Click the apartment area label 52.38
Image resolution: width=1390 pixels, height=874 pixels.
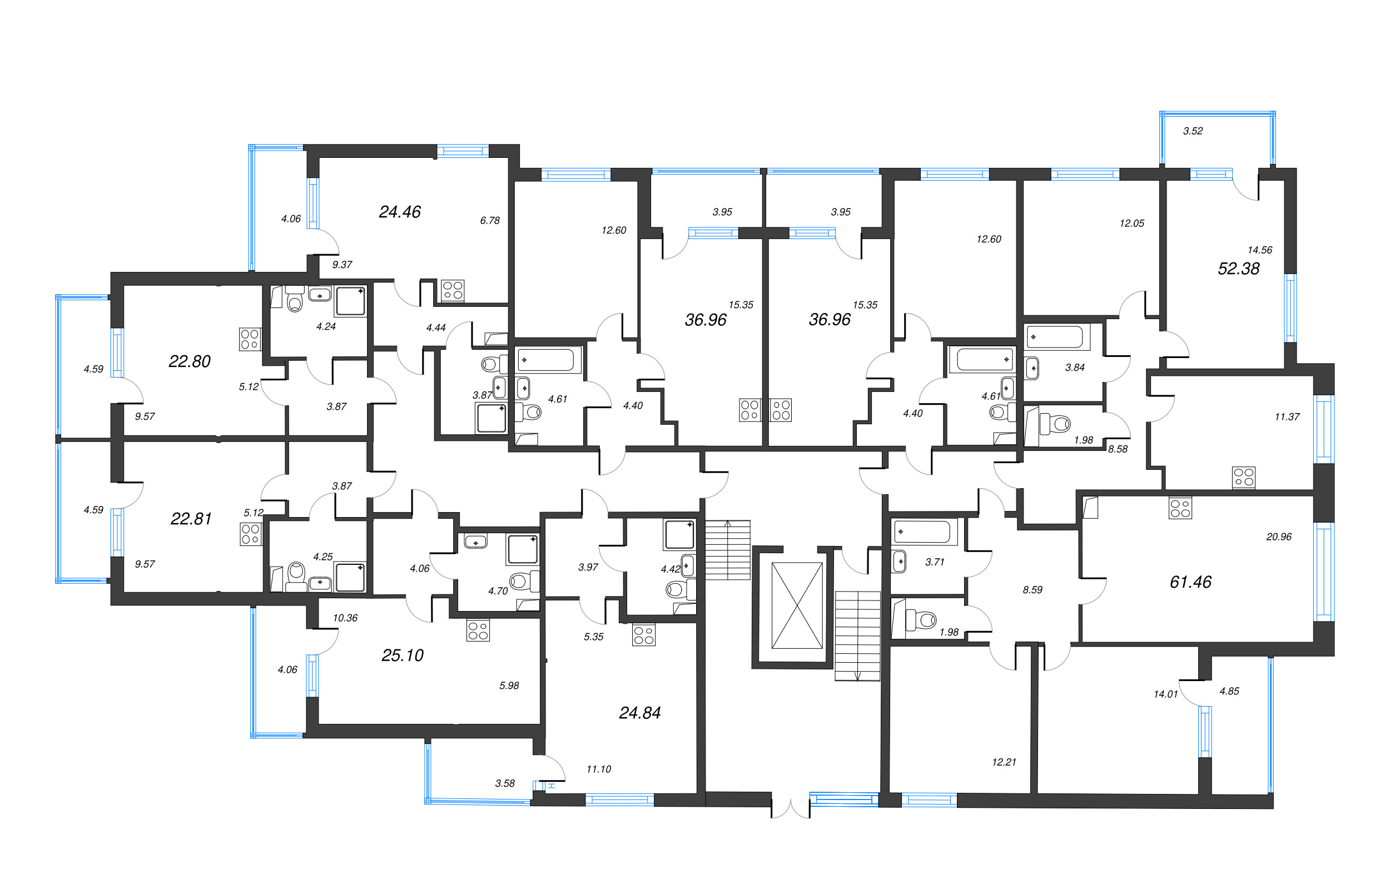point(1238,269)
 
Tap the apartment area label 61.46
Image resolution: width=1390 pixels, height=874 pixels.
point(1190,582)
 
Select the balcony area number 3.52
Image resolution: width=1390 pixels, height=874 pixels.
point(1193,131)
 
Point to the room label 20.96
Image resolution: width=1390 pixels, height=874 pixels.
point(1279,537)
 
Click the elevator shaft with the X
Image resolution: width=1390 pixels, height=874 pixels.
point(797,605)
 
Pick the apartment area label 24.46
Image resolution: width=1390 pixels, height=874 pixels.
point(399,212)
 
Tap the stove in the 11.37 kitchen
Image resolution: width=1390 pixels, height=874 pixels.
point(1243,478)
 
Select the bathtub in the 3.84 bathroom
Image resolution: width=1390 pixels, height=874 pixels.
point(1055,337)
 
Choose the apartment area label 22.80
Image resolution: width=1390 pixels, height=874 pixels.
point(190,361)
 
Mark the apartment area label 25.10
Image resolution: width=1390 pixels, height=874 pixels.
point(403,655)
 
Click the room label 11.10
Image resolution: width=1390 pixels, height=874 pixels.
point(599,769)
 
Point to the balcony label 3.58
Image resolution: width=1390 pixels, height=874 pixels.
point(504,783)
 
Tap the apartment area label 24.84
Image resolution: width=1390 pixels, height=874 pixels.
point(639,713)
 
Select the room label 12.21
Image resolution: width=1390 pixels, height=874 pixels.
point(1004,762)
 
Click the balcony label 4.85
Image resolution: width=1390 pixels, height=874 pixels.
point(1229,691)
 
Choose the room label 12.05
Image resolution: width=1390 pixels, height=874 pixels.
point(1131,224)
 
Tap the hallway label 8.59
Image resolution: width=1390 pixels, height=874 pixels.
point(1032,590)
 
